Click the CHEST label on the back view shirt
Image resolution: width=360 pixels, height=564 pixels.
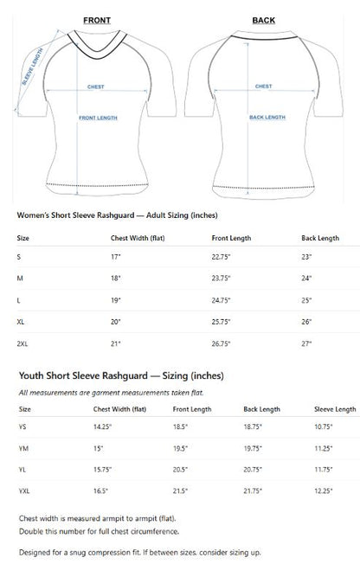[x=263, y=87]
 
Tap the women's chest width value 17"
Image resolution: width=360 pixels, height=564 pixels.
[x=116, y=257]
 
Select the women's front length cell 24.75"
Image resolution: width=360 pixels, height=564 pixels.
[x=223, y=299]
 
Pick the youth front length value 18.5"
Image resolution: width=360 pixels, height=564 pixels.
[x=181, y=427]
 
